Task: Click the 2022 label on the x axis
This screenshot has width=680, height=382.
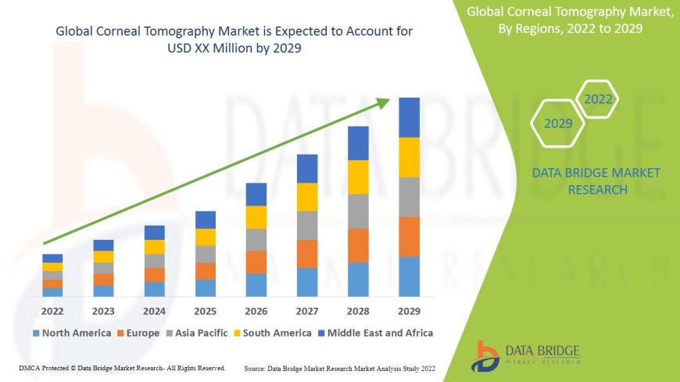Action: tap(52, 311)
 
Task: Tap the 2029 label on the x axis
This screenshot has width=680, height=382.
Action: tap(409, 311)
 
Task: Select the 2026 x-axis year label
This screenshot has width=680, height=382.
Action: tap(256, 311)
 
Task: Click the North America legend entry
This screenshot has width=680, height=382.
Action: tap(72, 333)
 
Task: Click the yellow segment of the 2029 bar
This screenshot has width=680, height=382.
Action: tap(409, 157)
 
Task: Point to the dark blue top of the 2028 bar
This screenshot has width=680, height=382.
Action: tap(358, 143)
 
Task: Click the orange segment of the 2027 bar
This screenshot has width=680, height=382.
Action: tap(307, 253)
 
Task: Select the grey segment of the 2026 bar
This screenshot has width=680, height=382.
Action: tap(256, 239)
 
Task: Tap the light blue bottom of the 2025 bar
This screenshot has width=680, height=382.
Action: tap(206, 287)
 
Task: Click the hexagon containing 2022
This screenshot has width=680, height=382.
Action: tap(598, 100)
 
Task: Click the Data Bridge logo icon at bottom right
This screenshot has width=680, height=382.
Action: tap(487, 355)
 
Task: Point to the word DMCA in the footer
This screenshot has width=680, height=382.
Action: tap(28, 367)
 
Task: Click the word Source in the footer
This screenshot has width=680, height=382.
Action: tap(256, 367)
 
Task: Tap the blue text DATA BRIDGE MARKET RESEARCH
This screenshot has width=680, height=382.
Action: tap(596, 181)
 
